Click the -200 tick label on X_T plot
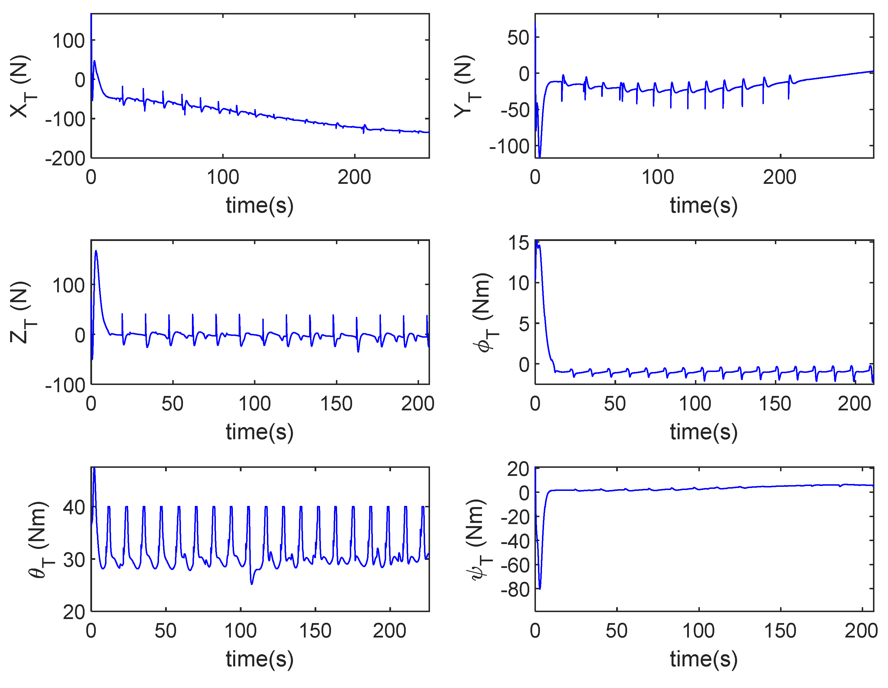(65, 159)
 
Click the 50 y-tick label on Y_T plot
(518, 38)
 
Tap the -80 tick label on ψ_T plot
(515, 590)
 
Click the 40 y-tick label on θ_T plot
(74, 507)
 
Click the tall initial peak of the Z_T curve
(96, 251)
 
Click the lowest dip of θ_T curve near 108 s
(252, 584)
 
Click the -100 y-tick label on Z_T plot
(65, 385)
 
